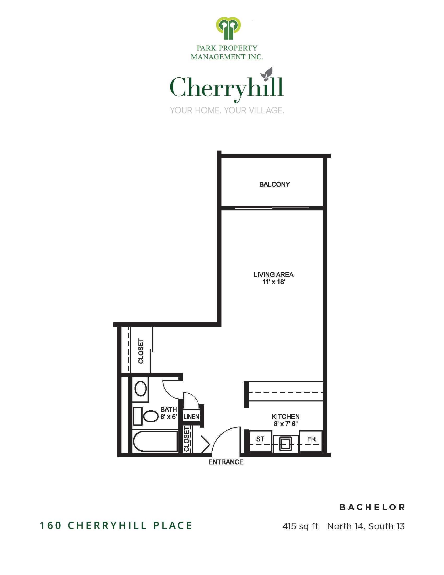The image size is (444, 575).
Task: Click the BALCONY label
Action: click(274, 184)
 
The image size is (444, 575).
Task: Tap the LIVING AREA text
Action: click(273, 275)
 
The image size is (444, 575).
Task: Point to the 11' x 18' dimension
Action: click(273, 282)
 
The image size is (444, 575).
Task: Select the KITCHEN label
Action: click(285, 417)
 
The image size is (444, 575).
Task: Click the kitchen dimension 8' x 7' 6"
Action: click(285, 424)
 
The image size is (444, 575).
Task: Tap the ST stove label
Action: click(260, 439)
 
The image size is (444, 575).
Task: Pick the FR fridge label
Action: click(311, 439)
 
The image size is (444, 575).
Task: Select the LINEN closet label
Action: click(191, 417)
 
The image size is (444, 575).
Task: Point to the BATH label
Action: click(169, 410)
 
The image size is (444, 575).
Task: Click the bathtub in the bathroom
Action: click(155, 441)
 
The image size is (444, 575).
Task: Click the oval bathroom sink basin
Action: click(141, 389)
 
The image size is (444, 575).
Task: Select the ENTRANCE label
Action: click(226, 462)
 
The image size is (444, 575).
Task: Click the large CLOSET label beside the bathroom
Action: click(141, 351)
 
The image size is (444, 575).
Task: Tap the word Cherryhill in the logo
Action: click(226, 88)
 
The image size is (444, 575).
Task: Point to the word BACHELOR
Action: click(372, 507)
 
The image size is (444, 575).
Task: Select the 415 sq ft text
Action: click(300, 526)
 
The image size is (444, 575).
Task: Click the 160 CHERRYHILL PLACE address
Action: click(116, 526)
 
